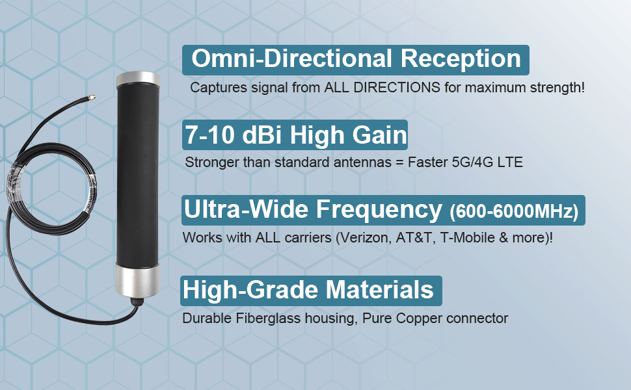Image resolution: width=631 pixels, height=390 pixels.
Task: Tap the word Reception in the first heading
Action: click(x=461, y=58)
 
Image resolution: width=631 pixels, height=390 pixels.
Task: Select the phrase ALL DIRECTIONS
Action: click(x=382, y=88)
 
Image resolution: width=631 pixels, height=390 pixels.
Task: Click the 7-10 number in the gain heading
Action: click(x=209, y=135)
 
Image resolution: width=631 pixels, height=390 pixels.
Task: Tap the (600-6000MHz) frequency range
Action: click(x=514, y=211)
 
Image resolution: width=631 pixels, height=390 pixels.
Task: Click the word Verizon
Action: click(x=365, y=238)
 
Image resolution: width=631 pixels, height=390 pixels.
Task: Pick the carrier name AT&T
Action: click(x=414, y=238)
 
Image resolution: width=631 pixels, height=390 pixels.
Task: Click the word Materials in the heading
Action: click(x=379, y=290)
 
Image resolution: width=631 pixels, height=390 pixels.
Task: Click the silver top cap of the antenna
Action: click(x=138, y=79)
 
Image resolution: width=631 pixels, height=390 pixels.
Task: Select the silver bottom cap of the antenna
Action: click(x=138, y=280)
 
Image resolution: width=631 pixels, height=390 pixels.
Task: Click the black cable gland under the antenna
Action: click(x=137, y=301)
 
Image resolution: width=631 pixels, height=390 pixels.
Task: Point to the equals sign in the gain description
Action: click(x=399, y=162)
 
